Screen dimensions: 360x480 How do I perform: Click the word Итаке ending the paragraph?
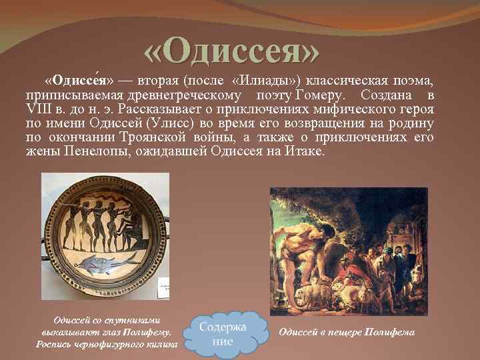tap(306, 151)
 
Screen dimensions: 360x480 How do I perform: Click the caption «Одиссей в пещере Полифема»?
tap(346, 332)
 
